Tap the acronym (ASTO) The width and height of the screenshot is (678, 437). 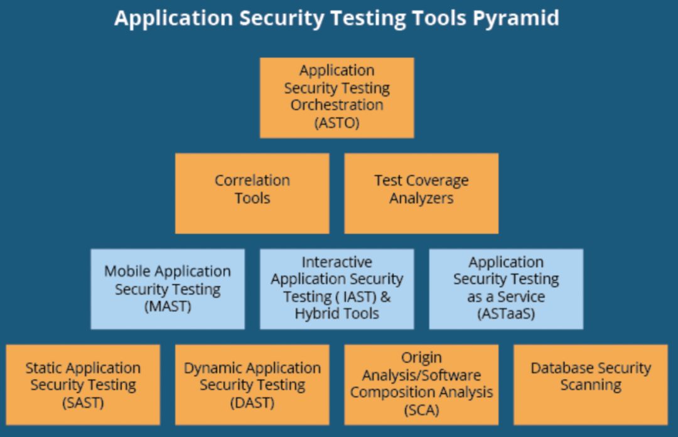point(336,122)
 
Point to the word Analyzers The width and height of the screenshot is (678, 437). point(421,199)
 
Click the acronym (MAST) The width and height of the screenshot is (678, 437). point(168,307)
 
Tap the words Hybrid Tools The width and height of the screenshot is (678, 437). point(336,313)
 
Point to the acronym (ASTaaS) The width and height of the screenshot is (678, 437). point(506,313)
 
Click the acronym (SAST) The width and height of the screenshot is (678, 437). point(83,403)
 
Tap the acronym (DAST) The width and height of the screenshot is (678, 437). point(252,403)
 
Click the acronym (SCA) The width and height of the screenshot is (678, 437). point(421,410)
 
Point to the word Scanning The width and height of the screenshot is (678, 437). point(591,385)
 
